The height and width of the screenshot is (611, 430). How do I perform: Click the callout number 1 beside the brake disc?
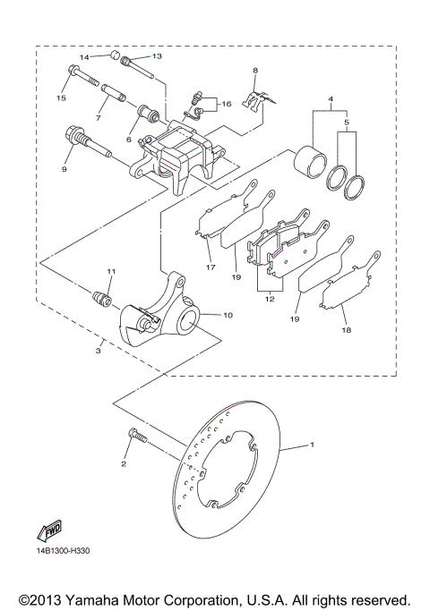point(312,445)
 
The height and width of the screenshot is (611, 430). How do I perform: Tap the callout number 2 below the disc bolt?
point(125,464)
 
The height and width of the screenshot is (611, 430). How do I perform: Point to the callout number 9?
point(64,168)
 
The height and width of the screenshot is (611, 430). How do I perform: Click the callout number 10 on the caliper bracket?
point(227,315)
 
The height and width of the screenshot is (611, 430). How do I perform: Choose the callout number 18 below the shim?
point(345,330)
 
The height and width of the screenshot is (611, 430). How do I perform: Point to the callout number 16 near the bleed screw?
point(227,104)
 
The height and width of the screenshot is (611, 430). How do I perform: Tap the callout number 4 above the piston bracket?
point(331,99)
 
